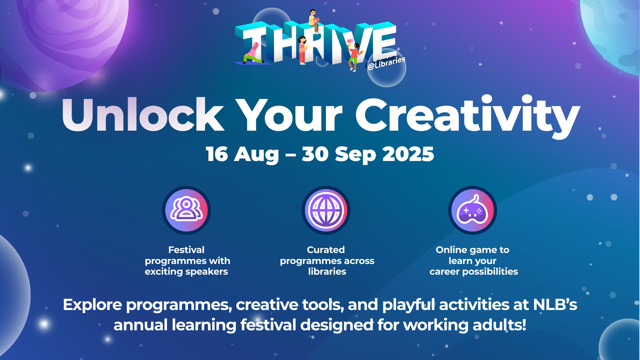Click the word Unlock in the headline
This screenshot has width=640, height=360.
click(143, 115)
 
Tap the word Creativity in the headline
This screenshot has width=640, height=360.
click(467, 115)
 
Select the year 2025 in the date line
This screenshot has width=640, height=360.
click(408, 154)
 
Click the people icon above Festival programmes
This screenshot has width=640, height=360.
click(186, 210)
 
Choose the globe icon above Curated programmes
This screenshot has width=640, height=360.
click(326, 210)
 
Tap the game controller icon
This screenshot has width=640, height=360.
click(472, 210)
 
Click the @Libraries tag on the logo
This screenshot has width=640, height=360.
click(386, 63)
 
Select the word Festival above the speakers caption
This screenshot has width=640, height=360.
click(186, 250)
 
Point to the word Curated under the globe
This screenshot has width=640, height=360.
click(326, 250)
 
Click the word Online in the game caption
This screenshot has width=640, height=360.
click(451, 250)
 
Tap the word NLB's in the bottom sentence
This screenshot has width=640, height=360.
click(555, 305)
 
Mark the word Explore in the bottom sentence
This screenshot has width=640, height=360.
click(93, 305)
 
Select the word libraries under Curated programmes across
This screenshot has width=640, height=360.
click(327, 272)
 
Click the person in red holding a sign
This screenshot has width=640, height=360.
click(354, 55)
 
